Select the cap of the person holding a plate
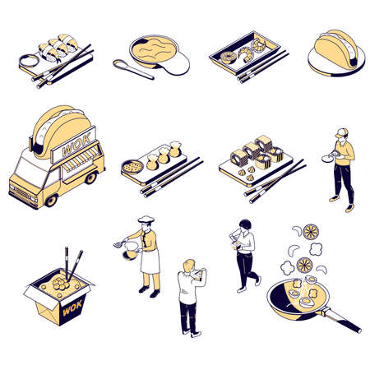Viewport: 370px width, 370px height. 340,132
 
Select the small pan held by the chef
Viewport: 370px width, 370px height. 129,252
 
